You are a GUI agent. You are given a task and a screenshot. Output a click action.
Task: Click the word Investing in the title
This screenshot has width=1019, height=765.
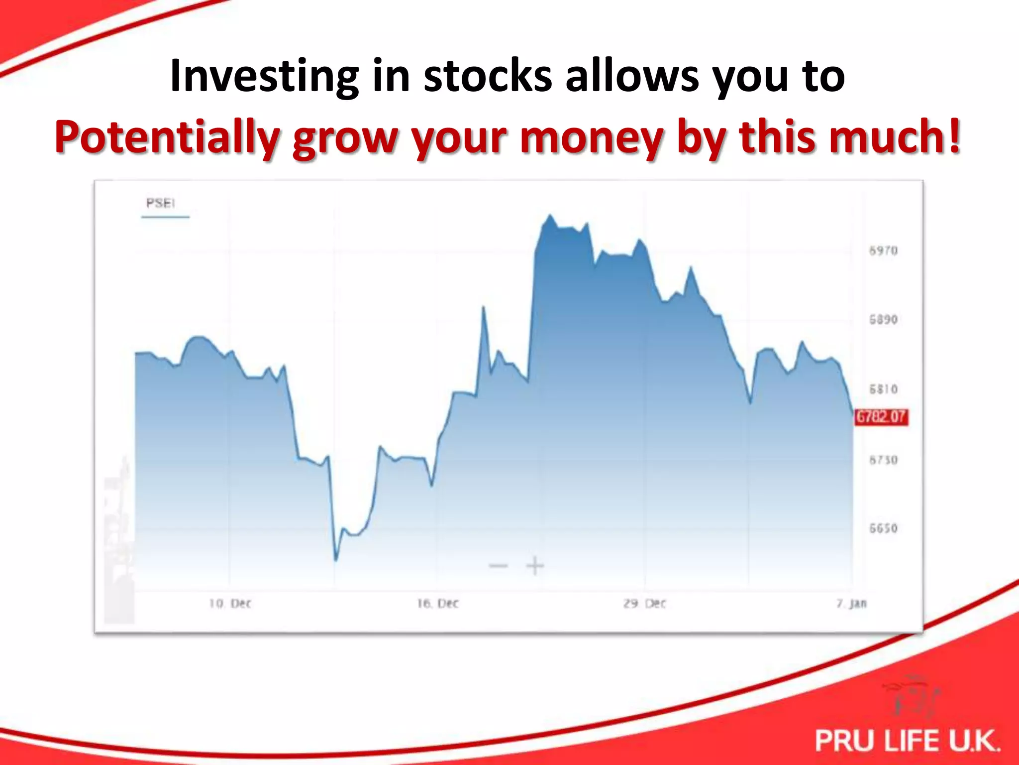point(264,76)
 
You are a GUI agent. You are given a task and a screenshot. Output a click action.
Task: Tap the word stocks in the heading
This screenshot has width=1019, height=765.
point(488,76)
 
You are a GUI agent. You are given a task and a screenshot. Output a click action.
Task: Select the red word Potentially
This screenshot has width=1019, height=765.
point(167,137)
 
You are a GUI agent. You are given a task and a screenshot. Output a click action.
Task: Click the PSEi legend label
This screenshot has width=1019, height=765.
point(160,203)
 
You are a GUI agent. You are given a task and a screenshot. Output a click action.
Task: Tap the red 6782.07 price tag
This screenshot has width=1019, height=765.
point(881,417)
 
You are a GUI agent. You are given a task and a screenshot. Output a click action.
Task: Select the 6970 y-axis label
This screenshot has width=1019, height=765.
point(883,251)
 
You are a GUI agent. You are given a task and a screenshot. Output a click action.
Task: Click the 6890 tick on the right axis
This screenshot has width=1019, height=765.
point(883,319)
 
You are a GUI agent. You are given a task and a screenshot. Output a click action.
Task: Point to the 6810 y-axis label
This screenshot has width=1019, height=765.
point(883,389)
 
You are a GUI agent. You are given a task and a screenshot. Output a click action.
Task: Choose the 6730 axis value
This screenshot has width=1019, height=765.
point(883,460)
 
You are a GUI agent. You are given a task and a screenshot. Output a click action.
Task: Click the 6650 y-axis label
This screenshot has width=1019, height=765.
point(883,528)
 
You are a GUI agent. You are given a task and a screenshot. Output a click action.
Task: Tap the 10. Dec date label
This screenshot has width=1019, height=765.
point(230,604)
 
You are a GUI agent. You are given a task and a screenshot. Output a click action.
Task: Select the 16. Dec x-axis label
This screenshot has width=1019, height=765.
point(437,604)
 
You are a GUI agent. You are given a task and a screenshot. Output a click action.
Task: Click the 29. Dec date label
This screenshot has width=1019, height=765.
point(644,604)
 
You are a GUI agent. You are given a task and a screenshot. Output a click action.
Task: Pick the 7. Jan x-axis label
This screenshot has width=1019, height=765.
point(851,604)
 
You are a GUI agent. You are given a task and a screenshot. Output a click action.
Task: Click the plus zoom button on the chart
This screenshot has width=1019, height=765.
point(535,566)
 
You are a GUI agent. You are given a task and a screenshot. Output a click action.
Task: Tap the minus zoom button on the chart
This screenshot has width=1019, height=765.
point(498,566)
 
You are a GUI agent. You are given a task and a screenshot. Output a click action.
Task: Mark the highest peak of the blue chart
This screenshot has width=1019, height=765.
point(550,216)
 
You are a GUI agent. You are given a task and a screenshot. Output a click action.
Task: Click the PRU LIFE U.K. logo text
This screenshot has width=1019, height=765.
point(907,740)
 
